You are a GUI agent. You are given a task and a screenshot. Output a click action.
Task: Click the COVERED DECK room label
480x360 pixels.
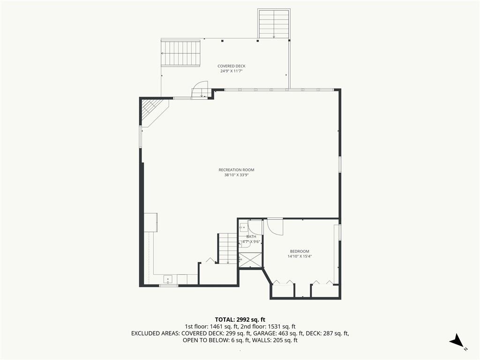(232, 66)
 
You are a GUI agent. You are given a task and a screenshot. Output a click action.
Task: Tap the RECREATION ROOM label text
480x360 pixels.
(236, 170)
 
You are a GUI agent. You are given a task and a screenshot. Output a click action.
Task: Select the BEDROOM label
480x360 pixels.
(300, 251)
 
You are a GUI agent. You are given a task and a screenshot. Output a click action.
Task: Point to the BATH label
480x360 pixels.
(251, 237)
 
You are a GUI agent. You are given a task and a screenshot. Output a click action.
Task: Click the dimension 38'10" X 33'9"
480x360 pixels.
(236, 175)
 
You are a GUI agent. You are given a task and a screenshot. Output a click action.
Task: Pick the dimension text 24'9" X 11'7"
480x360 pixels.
(232, 71)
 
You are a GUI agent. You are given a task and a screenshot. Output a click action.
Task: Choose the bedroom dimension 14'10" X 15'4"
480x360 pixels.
(300, 256)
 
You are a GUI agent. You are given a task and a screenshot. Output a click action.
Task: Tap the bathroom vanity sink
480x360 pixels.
(244, 228)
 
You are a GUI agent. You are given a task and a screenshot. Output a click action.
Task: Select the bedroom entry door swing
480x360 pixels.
(275, 226)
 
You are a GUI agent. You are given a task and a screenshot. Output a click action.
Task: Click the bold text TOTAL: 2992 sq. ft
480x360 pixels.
(240, 320)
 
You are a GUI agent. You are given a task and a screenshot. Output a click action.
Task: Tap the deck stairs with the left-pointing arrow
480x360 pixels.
(180, 53)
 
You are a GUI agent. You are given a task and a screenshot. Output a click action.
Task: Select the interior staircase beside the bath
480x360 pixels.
(228, 248)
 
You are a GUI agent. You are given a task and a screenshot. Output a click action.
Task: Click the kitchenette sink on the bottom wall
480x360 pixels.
(168, 279)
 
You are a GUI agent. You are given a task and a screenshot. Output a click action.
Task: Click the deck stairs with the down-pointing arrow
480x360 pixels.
(274, 24)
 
